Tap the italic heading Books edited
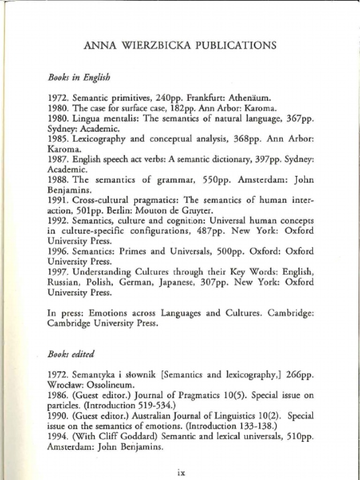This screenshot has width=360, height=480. [71, 354]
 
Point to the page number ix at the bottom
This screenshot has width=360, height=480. [181, 472]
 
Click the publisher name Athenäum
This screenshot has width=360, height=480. [249, 98]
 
